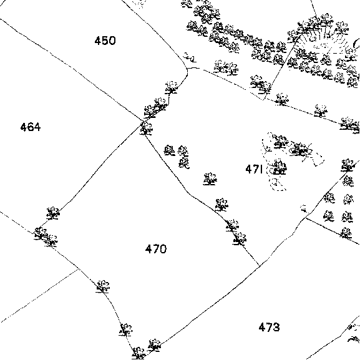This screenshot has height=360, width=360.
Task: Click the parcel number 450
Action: pos(105,41)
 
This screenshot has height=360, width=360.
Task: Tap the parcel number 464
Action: pos(31,127)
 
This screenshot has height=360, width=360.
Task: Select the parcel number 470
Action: pos(156,249)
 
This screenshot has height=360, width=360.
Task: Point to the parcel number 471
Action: pos(254,169)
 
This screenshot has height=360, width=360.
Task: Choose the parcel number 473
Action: pos(269,327)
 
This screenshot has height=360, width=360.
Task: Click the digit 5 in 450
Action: pos(105,41)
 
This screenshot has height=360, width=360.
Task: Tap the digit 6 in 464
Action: pos(31,127)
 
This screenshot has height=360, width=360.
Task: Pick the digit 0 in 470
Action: pos(163,249)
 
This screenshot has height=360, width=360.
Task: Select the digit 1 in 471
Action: pos(261,169)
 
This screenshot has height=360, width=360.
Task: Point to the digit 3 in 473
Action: pos(276,327)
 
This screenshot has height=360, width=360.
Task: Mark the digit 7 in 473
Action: pos(269,327)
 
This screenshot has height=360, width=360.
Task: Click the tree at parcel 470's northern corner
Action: pos(146,129)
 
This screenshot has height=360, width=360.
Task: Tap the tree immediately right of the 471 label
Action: pos(279,167)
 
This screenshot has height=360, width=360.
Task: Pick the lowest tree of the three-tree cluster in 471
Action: pos(184,163)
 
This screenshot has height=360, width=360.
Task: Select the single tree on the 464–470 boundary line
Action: pos(53,213)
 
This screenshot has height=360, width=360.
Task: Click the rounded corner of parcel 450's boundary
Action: pos(187,69)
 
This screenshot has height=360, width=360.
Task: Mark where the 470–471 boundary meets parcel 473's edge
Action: pos(260,266)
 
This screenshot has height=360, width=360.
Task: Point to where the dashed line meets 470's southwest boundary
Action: pos(79,269)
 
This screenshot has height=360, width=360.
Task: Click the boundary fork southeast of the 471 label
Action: pos(305,218)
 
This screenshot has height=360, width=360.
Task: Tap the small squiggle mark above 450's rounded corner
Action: pos(190,57)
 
